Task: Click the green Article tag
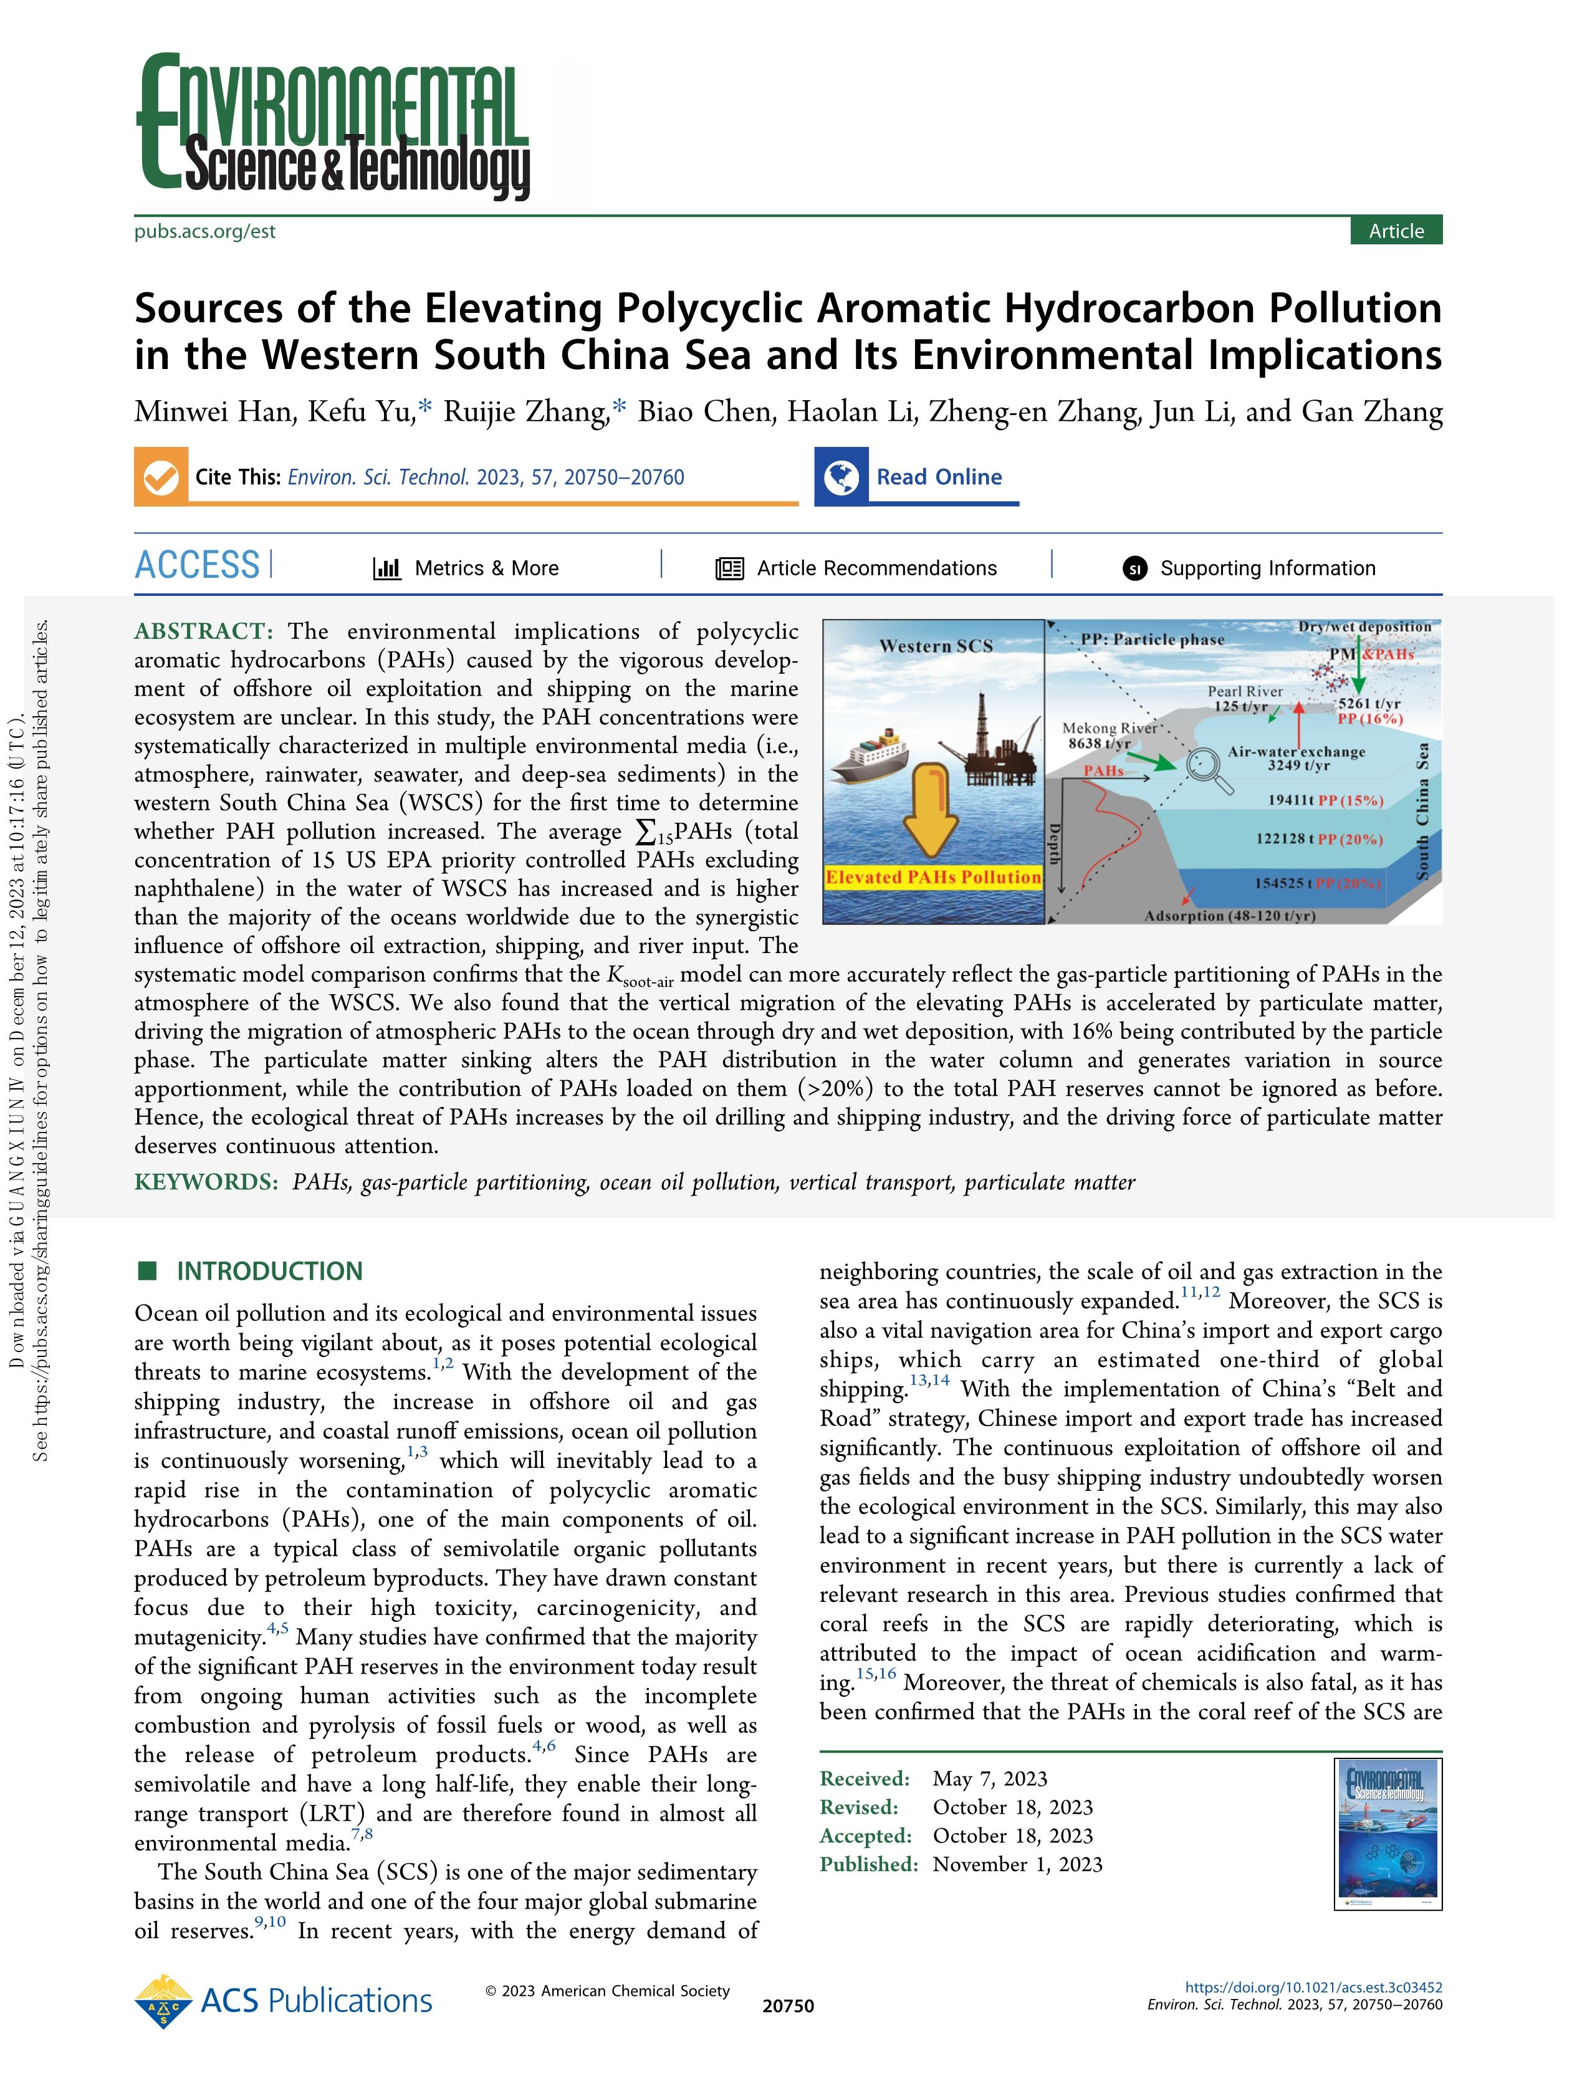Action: click(x=1396, y=231)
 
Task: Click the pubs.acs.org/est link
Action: click(x=205, y=231)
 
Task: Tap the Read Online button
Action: click(x=939, y=477)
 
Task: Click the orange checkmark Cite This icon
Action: click(x=161, y=477)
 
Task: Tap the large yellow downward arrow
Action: click(x=931, y=808)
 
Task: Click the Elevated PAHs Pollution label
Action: click(x=933, y=878)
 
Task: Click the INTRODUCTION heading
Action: click(x=269, y=1272)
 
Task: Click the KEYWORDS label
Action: click(x=206, y=1182)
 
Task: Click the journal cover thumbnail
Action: click(x=1388, y=1833)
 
